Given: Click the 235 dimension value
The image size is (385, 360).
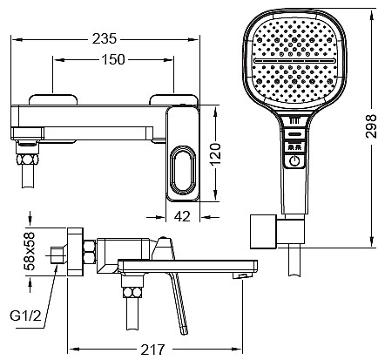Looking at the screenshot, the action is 105,39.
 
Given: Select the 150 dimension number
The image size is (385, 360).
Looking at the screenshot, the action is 113,59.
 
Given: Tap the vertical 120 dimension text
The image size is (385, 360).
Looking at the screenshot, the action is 215,154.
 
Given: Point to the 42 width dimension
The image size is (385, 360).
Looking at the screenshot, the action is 183,216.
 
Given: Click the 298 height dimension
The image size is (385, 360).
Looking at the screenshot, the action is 371,126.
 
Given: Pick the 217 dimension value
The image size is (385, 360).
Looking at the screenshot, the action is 152,349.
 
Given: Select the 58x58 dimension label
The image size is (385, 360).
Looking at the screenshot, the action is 30,252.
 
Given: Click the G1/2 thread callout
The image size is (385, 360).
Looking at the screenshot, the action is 25,316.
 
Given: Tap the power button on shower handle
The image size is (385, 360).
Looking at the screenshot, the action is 294,160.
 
